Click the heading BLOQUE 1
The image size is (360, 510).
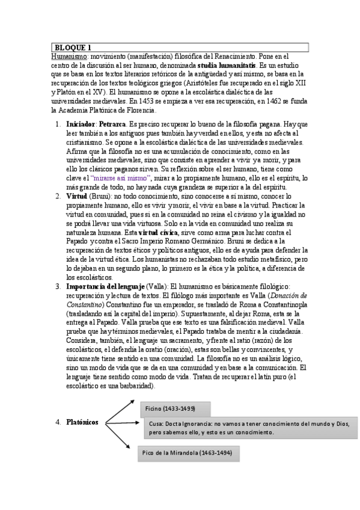pyautogui.click(x=73, y=47)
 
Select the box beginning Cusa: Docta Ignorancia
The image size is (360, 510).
pyautogui.click(x=249, y=428)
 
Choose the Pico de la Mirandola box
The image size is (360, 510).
pyautogui.click(x=188, y=452)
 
